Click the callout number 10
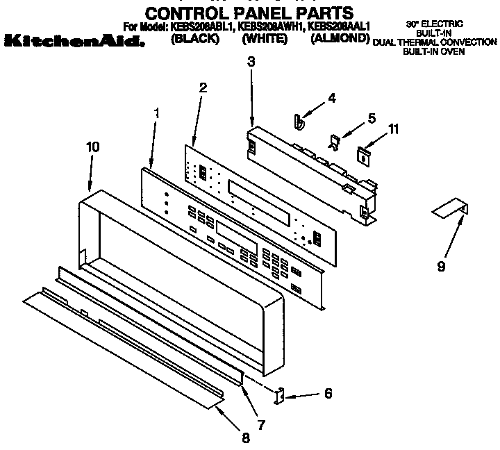[x=92, y=147]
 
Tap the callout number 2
[x=203, y=87]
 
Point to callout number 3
[x=251, y=62]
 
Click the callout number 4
[x=331, y=98]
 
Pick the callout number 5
[x=372, y=119]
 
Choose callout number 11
[x=394, y=128]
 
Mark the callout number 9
[x=441, y=265]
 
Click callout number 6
[x=328, y=394]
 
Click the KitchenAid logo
[x=74, y=42]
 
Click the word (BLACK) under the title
[x=194, y=39]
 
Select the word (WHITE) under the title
[x=265, y=39]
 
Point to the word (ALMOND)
[x=340, y=39]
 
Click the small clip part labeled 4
[x=299, y=122]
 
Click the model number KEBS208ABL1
[x=201, y=27]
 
